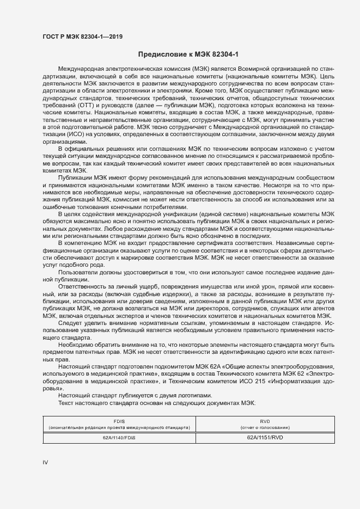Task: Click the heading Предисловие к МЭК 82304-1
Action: (188, 54)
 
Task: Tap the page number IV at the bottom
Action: (46, 462)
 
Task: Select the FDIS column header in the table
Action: (119, 421)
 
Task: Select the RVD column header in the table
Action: (265, 421)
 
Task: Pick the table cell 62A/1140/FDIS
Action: (119, 437)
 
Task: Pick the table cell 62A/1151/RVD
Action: (265, 437)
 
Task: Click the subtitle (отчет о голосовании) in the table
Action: (265, 428)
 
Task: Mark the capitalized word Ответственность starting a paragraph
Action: (83, 286)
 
